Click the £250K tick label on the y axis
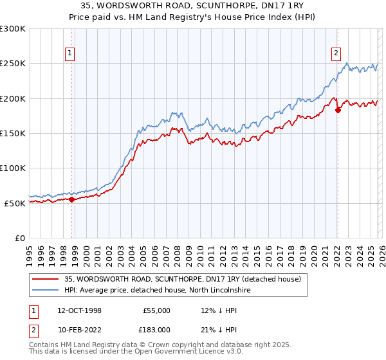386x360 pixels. coord(13,64)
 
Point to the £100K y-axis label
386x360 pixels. coord(13,168)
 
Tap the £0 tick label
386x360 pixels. coord(19,238)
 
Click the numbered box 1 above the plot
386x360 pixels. coord(69,54)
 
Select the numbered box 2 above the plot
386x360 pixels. coord(336,54)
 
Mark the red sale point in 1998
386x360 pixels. coord(71,199)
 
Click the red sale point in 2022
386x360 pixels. coord(338,110)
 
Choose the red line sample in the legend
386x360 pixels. coord(46,280)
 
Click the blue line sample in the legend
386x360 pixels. coord(46,291)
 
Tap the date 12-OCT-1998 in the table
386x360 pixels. coord(79,310)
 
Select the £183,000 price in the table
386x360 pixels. coord(156,329)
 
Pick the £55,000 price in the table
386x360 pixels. coord(156,310)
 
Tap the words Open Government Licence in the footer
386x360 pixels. coord(173,352)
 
